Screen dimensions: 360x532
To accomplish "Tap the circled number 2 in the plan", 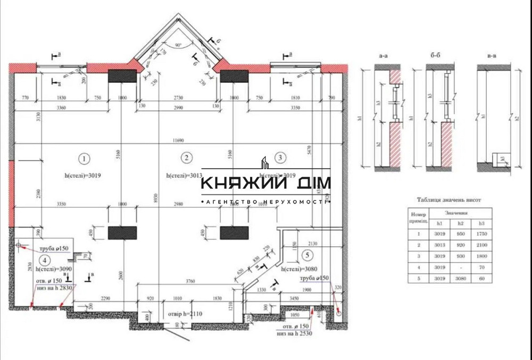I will click(x=186, y=157).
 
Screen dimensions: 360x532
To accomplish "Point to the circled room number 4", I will click(x=46, y=260).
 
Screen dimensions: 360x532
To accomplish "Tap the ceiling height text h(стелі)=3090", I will click(x=59, y=270).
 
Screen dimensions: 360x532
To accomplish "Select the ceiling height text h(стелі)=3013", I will click(x=183, y=175).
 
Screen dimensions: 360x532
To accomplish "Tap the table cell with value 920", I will click(x=460, y=245).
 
